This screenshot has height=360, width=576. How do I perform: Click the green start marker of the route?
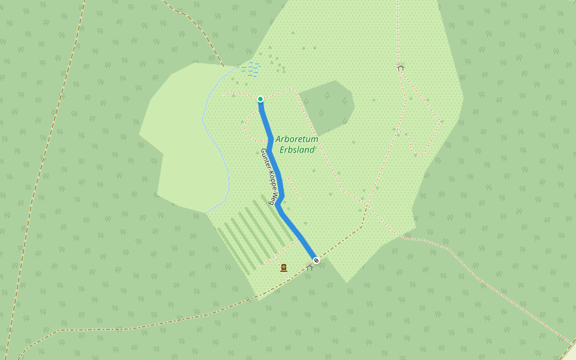tap(260, 99)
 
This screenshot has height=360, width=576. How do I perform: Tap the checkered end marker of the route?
tap(316, 260)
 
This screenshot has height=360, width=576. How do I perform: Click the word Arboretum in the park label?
tap(297, 139)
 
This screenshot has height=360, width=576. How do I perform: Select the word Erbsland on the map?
tap(298, 150)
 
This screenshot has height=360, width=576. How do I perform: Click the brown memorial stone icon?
tap(284, 268)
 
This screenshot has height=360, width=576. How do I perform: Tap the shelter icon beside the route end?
tap(310, 268)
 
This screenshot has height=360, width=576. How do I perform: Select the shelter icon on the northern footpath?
tap(400, 68)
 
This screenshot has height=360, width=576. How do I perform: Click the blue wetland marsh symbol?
tap(251, 68)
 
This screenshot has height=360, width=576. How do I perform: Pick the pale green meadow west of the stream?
tap(180, 138)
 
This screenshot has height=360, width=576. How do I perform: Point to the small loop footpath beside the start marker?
tap(247, 123)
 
